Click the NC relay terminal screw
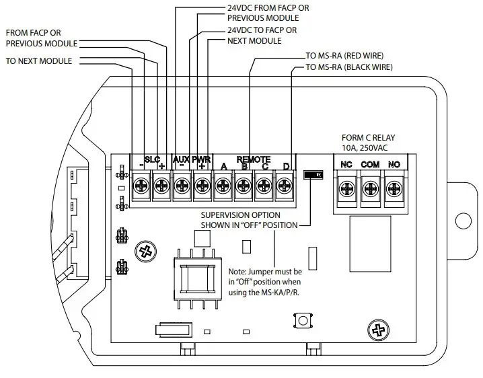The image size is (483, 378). (347, 190)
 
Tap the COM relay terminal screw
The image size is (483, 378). (371, 190)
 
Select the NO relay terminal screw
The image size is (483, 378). (394, 190)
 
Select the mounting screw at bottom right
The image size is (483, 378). (379, 330)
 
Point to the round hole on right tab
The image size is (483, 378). (462, 220)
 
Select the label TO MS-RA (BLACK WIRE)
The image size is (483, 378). (350, 67)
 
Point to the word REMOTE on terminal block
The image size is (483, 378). (254, 159)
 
